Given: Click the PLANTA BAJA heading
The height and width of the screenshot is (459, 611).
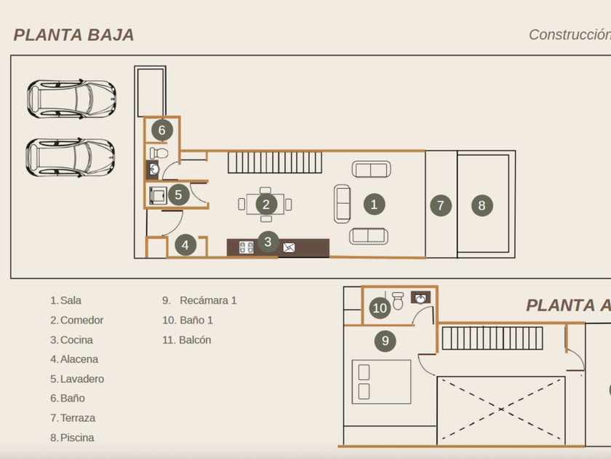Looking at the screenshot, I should (x=73, y=35).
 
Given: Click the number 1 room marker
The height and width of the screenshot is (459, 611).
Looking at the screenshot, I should (x=374, y=204).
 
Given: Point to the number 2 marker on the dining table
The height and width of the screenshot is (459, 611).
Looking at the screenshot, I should (x=266, y=205).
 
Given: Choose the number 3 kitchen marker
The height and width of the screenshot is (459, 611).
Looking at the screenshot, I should (x=268, y=242).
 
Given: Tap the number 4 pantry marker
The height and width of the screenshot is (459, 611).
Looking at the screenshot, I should (x=185, y=246).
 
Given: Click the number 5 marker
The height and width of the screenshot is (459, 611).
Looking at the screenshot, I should (x=178, y=195).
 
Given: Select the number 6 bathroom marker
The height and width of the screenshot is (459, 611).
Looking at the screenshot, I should (x=161, y=130).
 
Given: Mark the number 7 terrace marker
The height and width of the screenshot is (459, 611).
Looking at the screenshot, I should (x=440, y=205).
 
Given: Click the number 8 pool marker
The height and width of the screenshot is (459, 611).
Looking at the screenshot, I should (x=482, y=205).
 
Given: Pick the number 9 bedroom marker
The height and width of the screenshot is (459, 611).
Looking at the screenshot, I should (x=385, y=340).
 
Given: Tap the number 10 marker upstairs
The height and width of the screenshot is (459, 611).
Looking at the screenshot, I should (x=380, y=308).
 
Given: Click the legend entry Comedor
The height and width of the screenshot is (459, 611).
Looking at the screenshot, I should (x=81, y=320).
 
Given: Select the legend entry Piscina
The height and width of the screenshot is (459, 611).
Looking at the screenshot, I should (x=77, y=438).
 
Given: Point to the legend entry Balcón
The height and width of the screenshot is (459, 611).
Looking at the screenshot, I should (x=195, y=340).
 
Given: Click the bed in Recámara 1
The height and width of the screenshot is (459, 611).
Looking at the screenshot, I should (x=381, y=381).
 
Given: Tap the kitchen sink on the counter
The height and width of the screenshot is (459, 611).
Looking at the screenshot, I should (x=289, y=248).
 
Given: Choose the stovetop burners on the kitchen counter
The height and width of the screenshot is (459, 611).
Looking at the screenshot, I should (x=246, y=248).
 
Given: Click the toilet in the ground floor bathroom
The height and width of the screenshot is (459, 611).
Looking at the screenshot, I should (x=158, y=153).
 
